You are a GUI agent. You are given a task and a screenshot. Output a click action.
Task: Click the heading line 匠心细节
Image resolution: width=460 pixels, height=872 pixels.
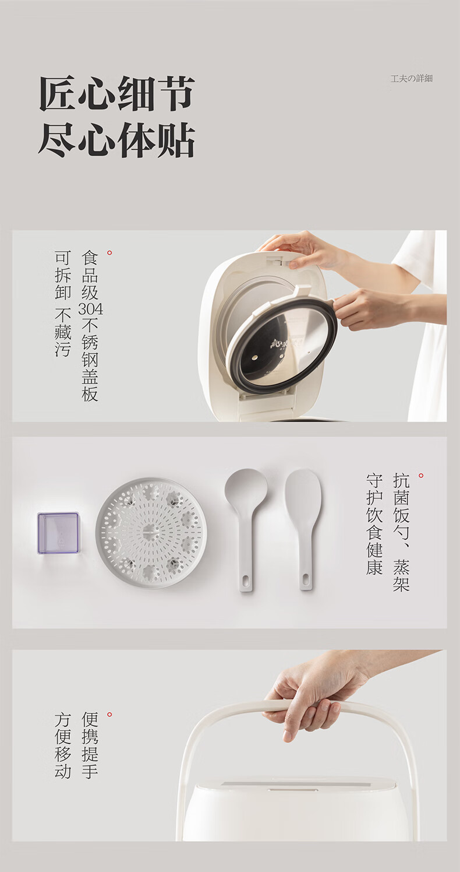[116, 93]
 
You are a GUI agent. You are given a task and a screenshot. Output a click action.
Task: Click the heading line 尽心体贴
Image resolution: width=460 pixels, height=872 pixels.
[116, 140]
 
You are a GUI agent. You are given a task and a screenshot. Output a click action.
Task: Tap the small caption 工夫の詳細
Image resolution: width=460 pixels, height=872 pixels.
[412, 78]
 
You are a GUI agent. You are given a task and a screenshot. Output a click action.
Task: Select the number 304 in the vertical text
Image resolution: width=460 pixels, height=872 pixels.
[90, 309]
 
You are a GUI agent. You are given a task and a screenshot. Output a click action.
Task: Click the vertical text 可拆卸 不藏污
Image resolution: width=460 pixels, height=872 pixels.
[63, 304]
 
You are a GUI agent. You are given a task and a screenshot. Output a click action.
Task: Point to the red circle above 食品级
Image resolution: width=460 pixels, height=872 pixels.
[109, 253]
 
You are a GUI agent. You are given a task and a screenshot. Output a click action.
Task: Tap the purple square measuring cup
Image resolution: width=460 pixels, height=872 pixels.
[58, 533]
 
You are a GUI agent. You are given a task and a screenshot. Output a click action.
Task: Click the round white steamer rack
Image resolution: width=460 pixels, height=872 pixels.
[151, 533]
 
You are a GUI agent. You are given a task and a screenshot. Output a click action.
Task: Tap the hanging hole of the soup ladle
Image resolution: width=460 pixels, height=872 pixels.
[246, 580]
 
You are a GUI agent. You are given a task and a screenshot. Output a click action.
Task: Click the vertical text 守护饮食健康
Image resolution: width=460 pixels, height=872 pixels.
[374, 524]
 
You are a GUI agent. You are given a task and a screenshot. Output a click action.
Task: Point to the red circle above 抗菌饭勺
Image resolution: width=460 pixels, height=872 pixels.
[421, 476]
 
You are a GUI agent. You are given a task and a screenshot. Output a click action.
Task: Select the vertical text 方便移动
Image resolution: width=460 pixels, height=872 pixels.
[63, 745]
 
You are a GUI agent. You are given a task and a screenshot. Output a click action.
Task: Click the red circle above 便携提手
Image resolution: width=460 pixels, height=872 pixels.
[109, 715]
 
